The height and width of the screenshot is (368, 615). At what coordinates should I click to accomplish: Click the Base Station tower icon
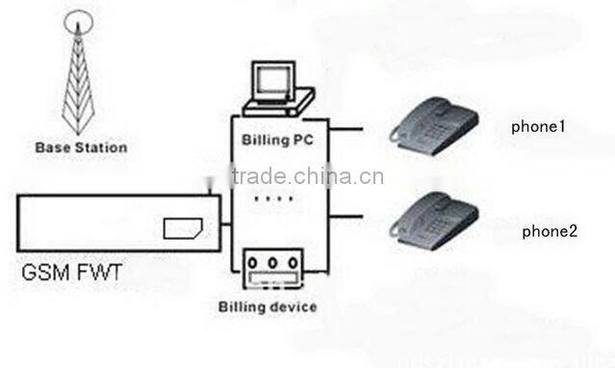(80, 76)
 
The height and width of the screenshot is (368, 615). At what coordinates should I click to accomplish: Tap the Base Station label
(81, 148)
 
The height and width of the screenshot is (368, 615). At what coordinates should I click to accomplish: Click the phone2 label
(549, 231)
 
